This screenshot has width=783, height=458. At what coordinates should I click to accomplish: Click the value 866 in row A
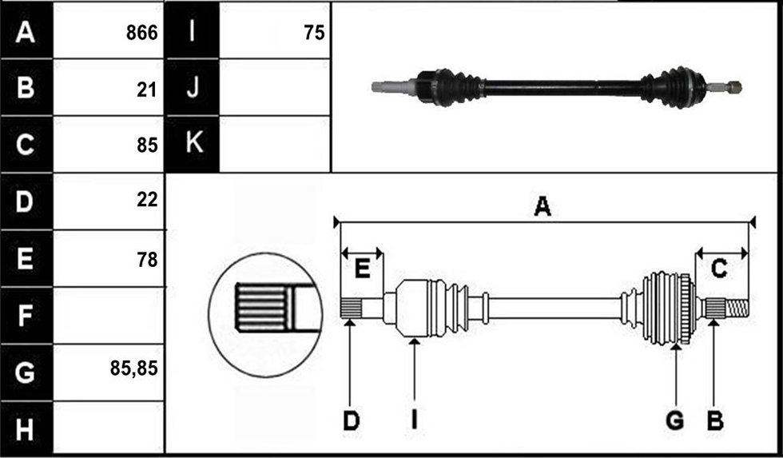[142, 33]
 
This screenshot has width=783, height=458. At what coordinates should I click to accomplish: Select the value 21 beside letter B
[146, 90]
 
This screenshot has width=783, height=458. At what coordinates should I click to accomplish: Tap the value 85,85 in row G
[134, 368]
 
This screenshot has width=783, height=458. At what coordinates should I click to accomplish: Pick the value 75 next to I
[314, 33]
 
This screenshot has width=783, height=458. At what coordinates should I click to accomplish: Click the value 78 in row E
[147, 260]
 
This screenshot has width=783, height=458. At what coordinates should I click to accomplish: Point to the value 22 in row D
[147, 200]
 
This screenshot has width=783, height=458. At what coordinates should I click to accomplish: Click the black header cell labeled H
[26, 429]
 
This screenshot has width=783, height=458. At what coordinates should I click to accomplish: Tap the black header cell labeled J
[193, 87]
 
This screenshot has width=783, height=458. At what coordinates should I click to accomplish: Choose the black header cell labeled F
[26, 315]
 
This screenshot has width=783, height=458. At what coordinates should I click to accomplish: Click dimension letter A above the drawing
[543, 206]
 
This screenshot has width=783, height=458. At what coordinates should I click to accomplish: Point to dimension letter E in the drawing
[362, 269]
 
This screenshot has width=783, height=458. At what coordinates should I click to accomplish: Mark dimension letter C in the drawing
[718, 269]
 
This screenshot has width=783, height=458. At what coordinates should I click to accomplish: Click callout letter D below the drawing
[351, 421]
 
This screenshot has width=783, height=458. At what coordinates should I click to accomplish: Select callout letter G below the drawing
[675, 421]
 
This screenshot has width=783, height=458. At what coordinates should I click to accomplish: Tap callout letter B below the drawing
[715, 421]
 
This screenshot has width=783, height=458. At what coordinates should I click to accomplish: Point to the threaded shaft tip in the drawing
[737, 309]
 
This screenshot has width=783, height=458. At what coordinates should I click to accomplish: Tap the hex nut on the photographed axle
[734, 87]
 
